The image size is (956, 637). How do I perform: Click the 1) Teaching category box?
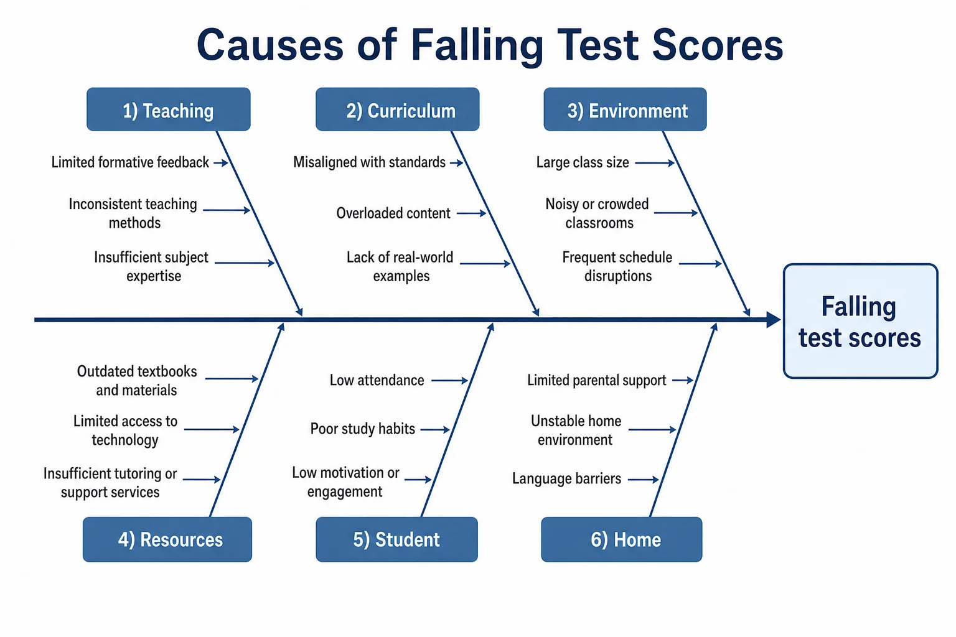pyautogui.click(x=169, y=109)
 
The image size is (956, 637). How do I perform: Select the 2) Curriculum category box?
pyautogui.click(x=397, y=109)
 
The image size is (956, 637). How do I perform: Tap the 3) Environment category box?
pyautogui.click(x=625, y=109)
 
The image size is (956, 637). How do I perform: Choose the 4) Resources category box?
pyautogui.click(x=167, y=539)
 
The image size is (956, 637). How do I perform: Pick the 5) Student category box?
pyautogui.click(x=396, y=539)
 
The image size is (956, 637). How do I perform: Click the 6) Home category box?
pyautogui.click(x=621, y=539)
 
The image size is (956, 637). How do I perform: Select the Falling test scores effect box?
pyautogui.click(x=860, y=321)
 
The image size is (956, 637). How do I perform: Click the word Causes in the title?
pyautogui.click(x=270, y=45)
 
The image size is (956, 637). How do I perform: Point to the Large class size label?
pyautogui.click(x=583, y=162)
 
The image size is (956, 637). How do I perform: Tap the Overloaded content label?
pyautogui.click(x=393, y=213)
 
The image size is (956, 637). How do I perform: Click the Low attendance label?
pyautogui.click(x=377, y=380)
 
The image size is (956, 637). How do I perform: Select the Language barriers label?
pyautogui.click(x=566, y=479)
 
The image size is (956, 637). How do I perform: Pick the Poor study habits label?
pyautogui.click(x=362, y=429)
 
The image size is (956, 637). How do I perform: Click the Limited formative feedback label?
pyautogui.click(x=130, y=162)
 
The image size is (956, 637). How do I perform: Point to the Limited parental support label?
pyautogui.click(x=596, y=380)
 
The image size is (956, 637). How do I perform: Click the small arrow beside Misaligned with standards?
pyautogui.click(x=457, y=162)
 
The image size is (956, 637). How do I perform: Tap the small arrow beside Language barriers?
pyautogui.click(x=644, y=480)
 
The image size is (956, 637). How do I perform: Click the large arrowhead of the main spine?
pyautogui.click(x=774, y=320)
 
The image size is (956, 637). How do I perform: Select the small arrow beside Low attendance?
pyautogui.click(x=450, y=380)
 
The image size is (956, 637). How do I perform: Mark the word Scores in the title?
pyautogui.click(x=718, y=45)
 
